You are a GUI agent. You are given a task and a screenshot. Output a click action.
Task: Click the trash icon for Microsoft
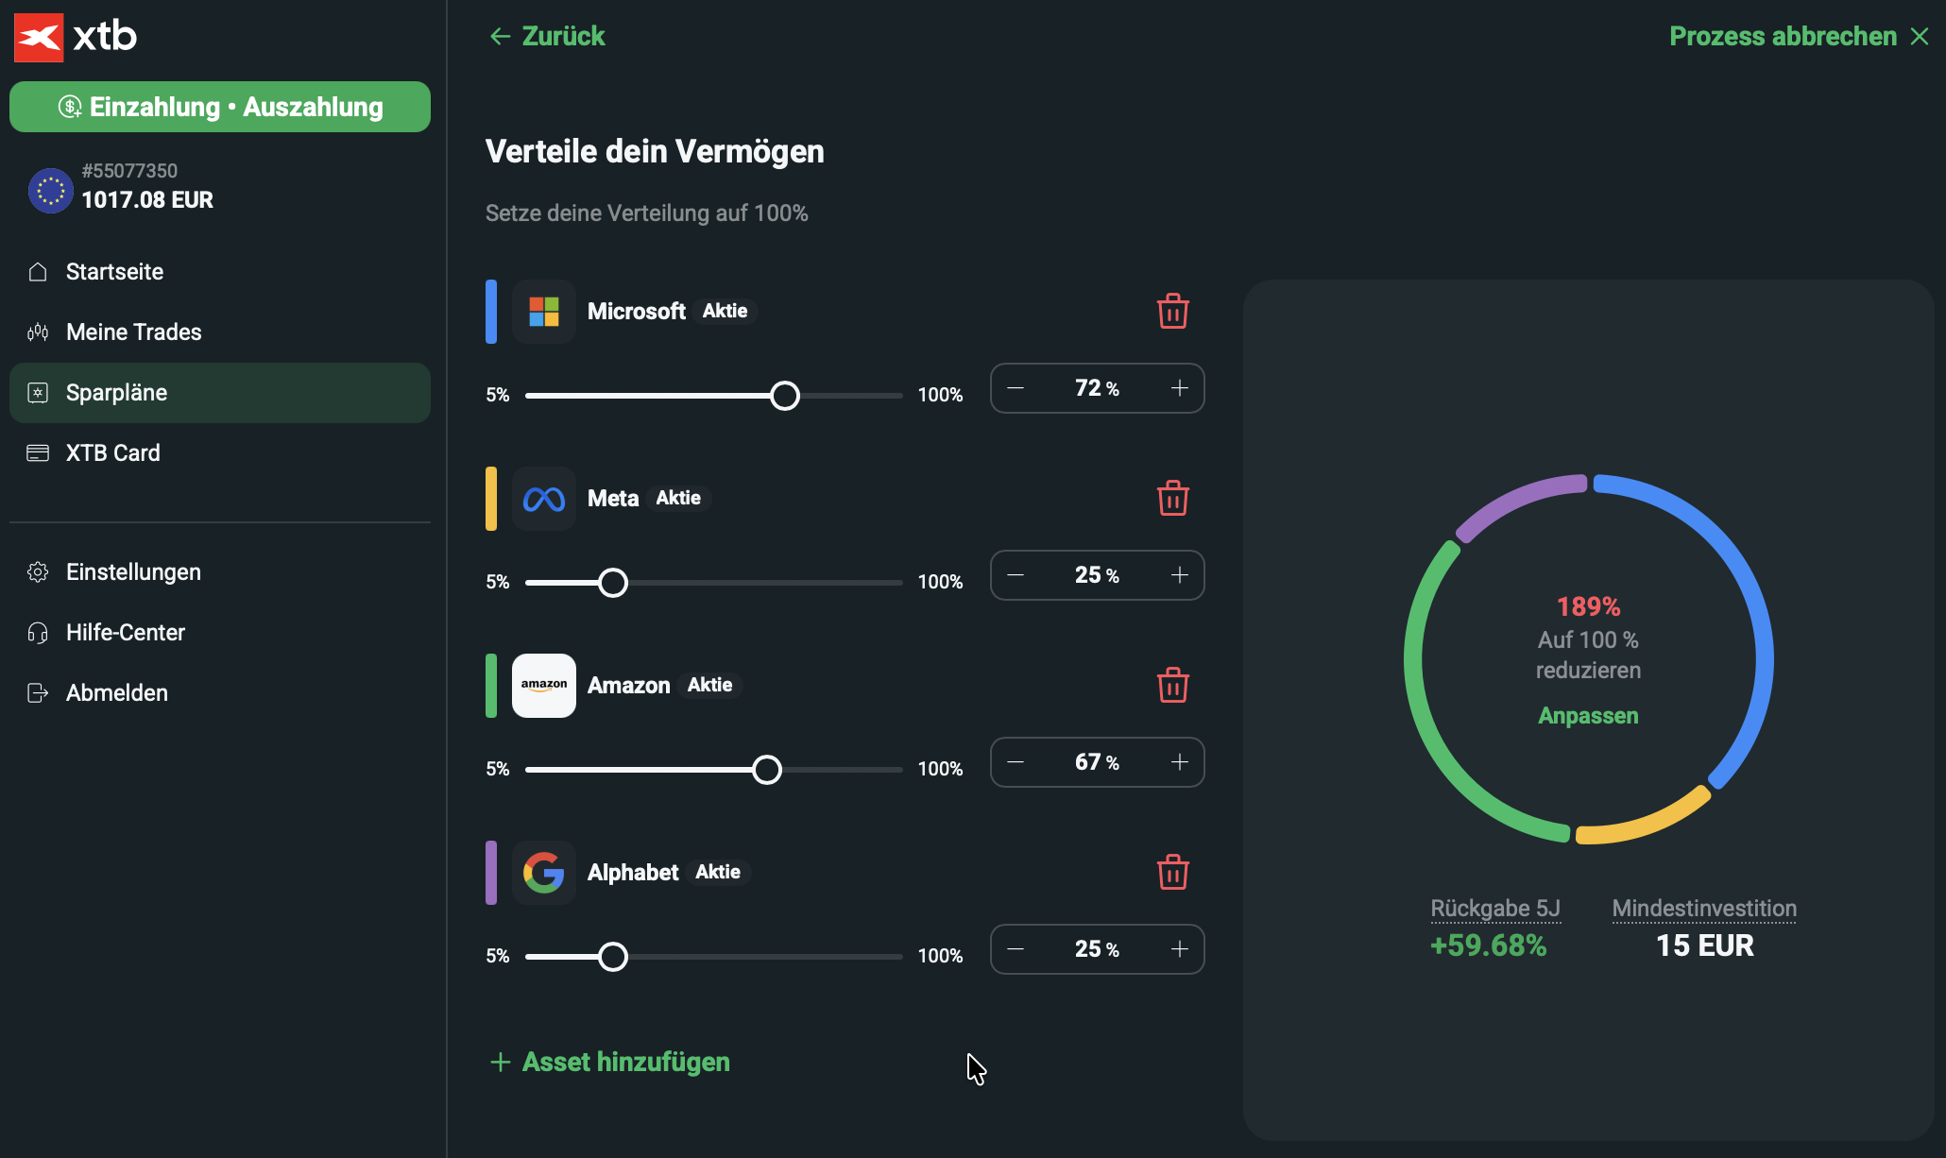1172,311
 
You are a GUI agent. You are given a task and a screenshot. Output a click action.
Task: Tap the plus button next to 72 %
1180,388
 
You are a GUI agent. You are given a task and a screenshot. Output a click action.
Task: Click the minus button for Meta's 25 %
1016,575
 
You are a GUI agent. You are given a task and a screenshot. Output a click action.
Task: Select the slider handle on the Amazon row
767,770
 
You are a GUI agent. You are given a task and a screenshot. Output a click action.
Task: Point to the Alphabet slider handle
613,957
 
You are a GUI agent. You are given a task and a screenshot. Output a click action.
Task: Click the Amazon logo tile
544,686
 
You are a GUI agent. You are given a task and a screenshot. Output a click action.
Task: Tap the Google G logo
544,873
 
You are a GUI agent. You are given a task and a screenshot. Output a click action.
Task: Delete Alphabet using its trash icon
1172,872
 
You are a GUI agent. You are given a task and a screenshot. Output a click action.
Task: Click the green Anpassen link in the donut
1588,716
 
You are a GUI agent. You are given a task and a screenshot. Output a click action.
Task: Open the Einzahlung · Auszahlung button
220,107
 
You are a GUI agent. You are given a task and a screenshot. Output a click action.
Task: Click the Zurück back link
547,36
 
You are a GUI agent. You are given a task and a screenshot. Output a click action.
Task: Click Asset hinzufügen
609,1062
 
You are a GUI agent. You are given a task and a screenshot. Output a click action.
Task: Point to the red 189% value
1588,606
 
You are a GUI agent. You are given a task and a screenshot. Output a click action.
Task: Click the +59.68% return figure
1489,945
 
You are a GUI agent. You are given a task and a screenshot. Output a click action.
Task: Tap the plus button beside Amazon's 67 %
1180,762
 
